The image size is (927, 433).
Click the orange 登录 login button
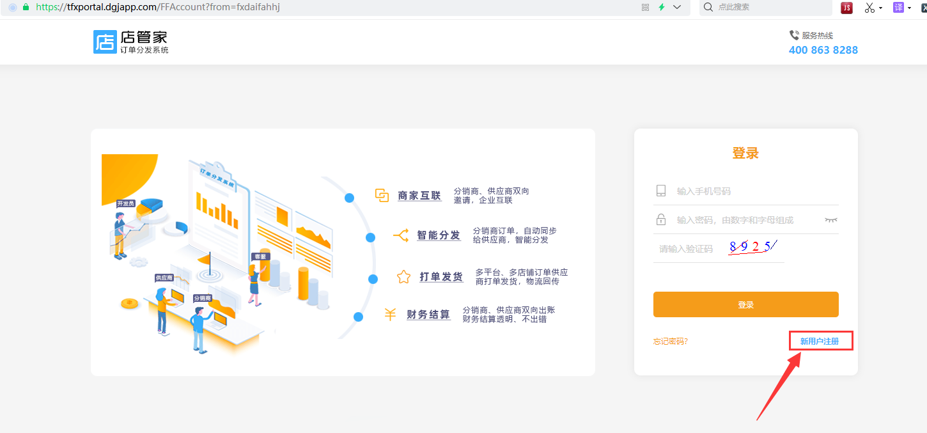745,304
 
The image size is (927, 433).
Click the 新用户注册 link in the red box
820,341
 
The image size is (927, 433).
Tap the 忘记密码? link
671,341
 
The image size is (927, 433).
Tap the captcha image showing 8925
752,247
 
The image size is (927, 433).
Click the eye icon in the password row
830,220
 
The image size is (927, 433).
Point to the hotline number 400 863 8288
823,50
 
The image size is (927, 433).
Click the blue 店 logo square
105,42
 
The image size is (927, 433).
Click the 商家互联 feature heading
419,196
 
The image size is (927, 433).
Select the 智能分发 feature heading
439,235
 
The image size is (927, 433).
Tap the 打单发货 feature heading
440,277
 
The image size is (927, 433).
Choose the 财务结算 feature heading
428,315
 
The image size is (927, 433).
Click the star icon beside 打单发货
403,276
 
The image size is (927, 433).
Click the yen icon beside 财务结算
390,315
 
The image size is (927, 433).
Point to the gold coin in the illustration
130,304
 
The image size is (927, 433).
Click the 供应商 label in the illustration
164,278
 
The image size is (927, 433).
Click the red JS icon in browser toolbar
846,8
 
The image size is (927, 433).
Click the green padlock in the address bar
26,7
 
